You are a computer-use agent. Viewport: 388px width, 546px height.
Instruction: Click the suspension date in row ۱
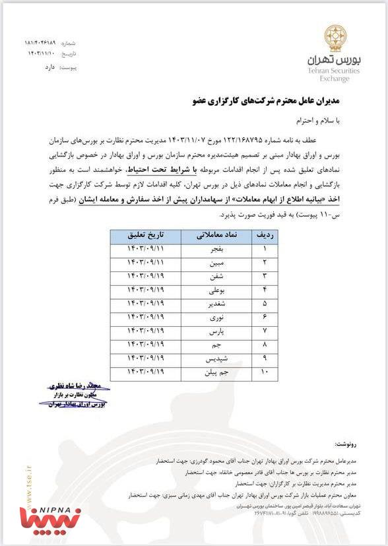point(143,250)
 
